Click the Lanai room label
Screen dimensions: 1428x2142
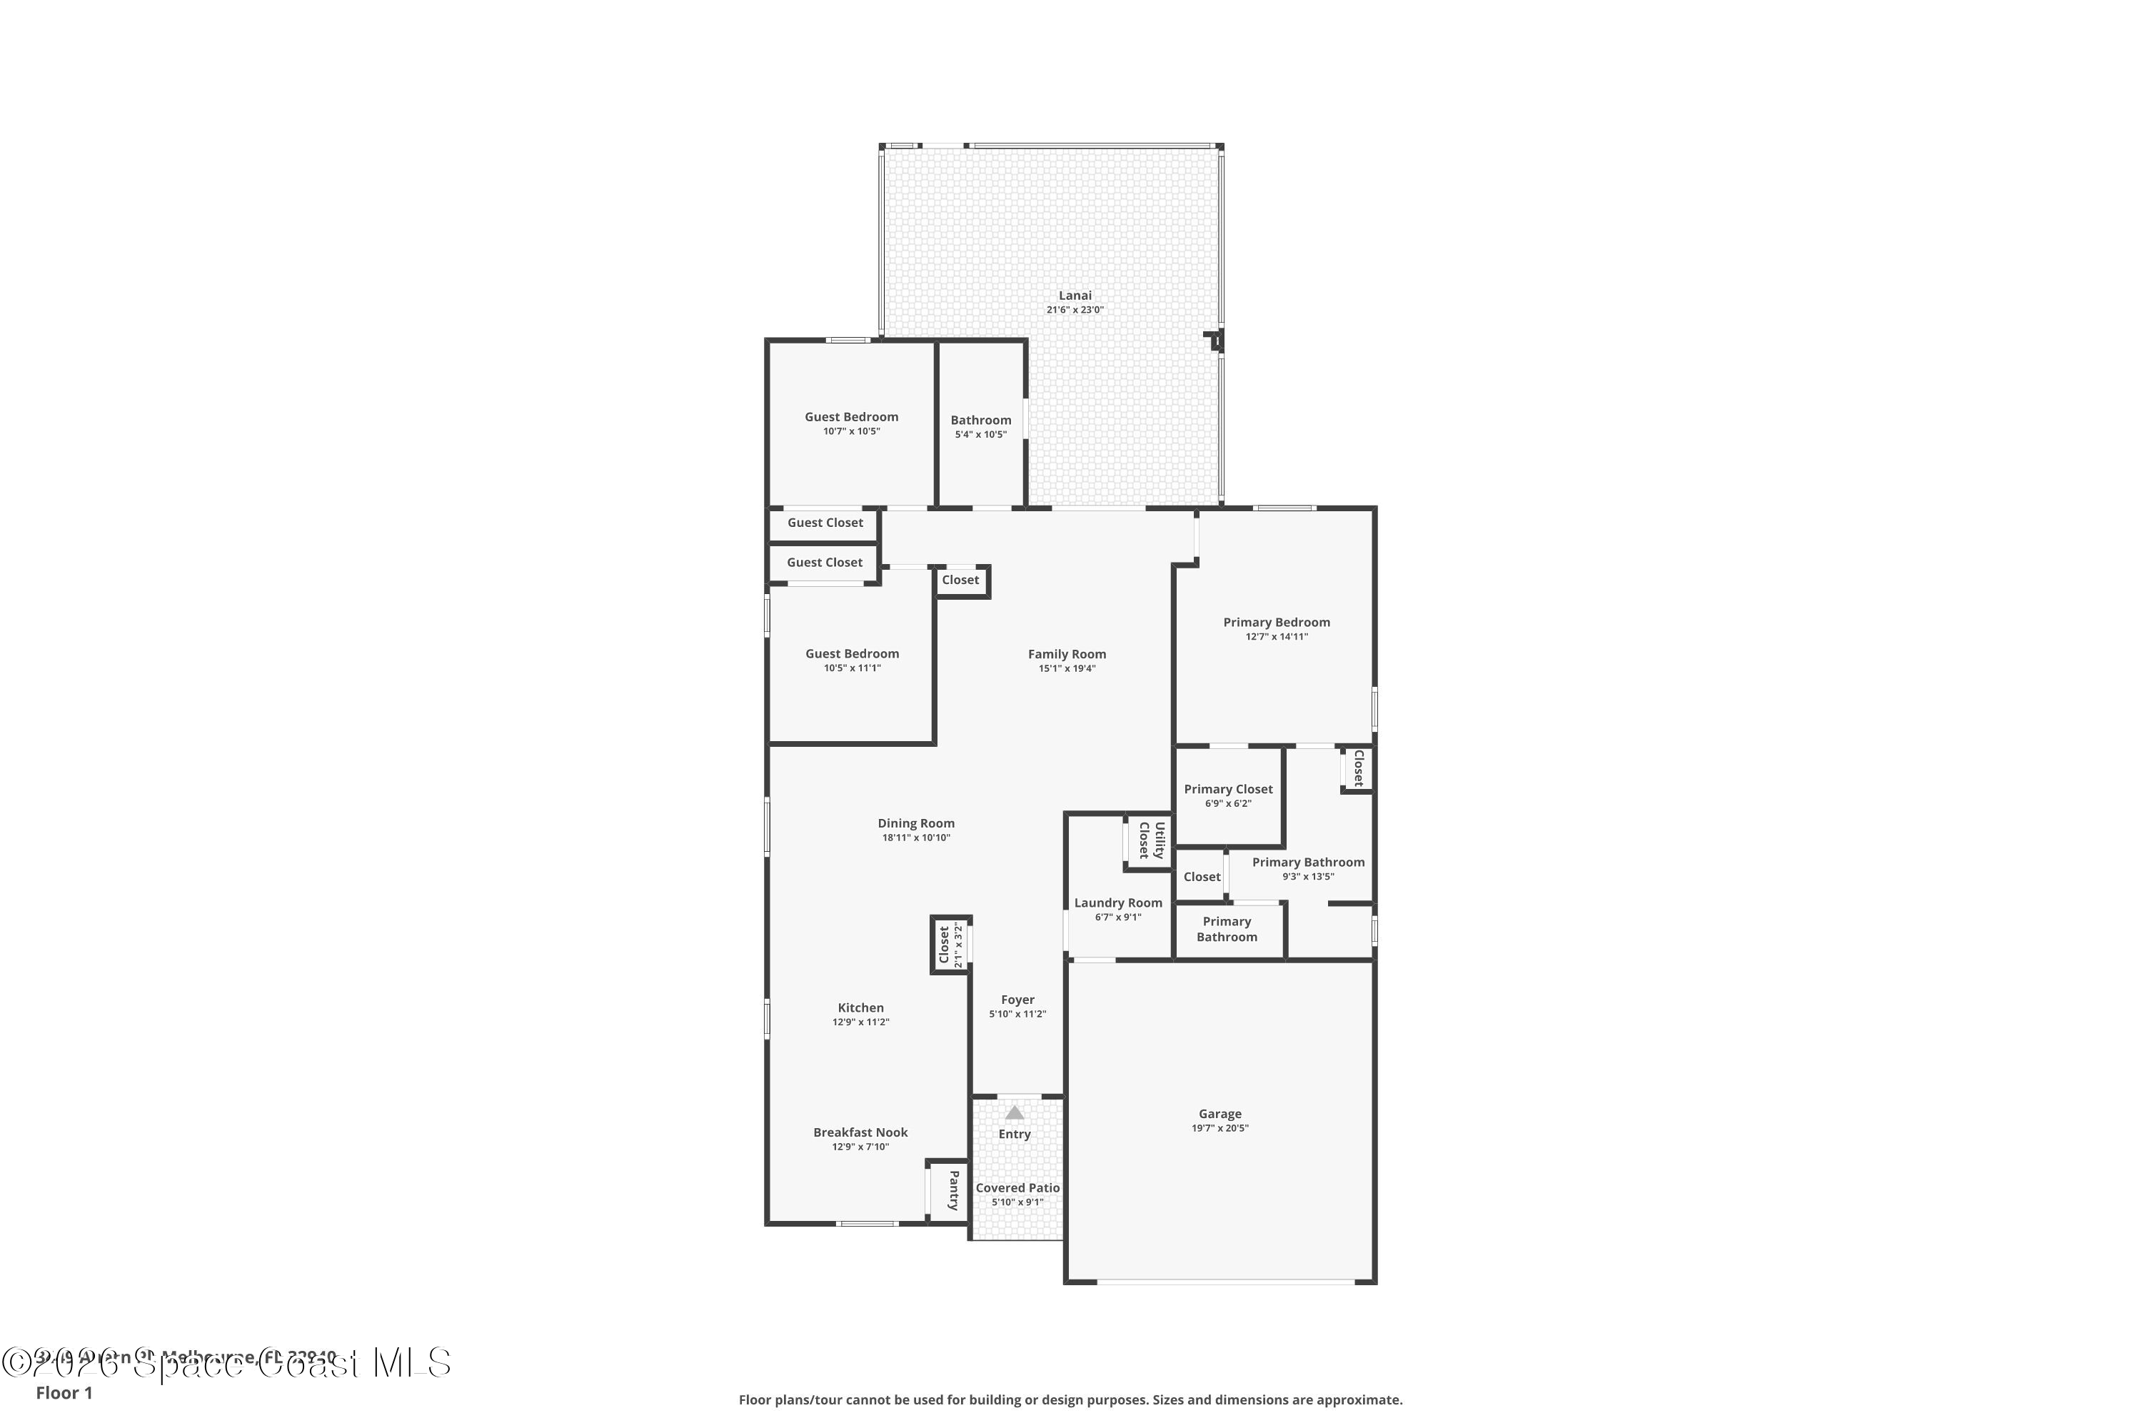coord(1075,295)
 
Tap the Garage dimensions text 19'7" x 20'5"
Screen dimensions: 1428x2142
coord(1220,1128)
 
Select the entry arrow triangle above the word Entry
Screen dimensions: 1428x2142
coord(1014,1113)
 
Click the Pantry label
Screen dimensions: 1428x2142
coord(953,1190)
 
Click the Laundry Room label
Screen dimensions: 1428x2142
coord(1117,902)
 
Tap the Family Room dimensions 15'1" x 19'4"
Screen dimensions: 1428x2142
coord(1067,668)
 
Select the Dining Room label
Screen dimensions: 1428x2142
coord(915,823)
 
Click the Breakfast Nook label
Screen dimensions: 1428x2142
coord(860,1132)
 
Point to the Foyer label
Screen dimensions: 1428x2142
coord(1017,999)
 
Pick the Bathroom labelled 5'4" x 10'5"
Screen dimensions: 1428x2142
coord(981,426)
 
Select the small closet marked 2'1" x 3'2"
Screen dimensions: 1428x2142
coord(950,945)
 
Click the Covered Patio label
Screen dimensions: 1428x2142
coord(1017,1187)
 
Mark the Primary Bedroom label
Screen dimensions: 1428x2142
coord(1276,622)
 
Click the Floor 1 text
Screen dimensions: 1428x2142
coord(64,1392)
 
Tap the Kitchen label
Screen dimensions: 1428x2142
coord(860,1007)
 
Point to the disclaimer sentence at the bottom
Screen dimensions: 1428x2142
coord(1070,1399)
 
